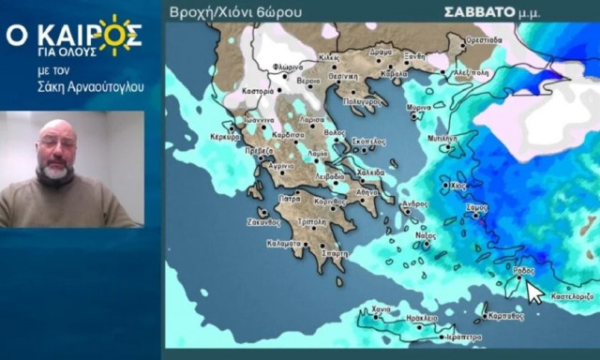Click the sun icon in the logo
click(x=114, y=35)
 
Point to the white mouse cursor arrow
click(x=532, y=292)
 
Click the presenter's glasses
click(x=54, y=142)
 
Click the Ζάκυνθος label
click(x=263, y=222)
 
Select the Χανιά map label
click(x=381, y=308)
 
